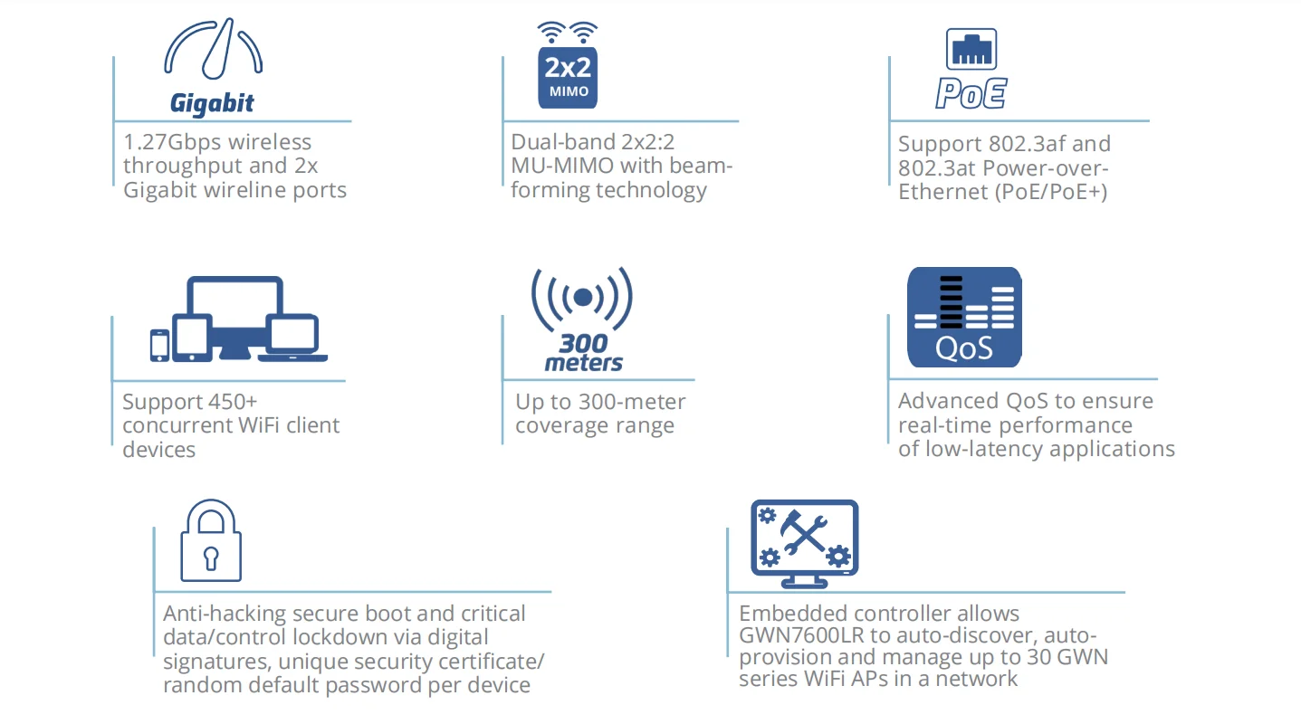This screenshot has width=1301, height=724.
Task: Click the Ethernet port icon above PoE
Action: coord(971,48)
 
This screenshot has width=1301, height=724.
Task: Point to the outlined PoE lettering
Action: coord(971,94)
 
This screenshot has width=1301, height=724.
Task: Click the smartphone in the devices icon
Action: coord(159,345)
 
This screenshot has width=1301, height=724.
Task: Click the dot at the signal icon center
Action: coord(583,297)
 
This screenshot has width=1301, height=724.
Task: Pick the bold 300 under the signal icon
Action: coord(583,344)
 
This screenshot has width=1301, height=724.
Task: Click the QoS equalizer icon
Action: coord(964,317)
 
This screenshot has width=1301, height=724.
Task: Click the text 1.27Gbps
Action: coord(171,142)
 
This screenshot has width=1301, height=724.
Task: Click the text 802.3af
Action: coord(1028,144)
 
